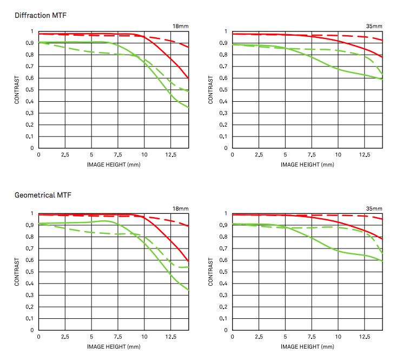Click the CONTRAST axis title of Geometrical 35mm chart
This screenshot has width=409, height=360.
pos(211,272)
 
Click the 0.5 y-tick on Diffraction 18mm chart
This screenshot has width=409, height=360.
pos(31,90)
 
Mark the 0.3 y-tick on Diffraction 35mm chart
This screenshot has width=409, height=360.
pos(225,113)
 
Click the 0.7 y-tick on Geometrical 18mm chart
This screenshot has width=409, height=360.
pos(31,248)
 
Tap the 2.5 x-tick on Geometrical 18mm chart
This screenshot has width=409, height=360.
pos(65,337)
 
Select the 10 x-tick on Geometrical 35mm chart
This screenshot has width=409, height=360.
pos(338,337)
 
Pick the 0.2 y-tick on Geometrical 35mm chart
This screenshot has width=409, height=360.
pos(225,307)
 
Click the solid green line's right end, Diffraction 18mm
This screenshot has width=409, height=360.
pos(188,108)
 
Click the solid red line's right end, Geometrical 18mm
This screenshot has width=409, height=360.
pos(188,261)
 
